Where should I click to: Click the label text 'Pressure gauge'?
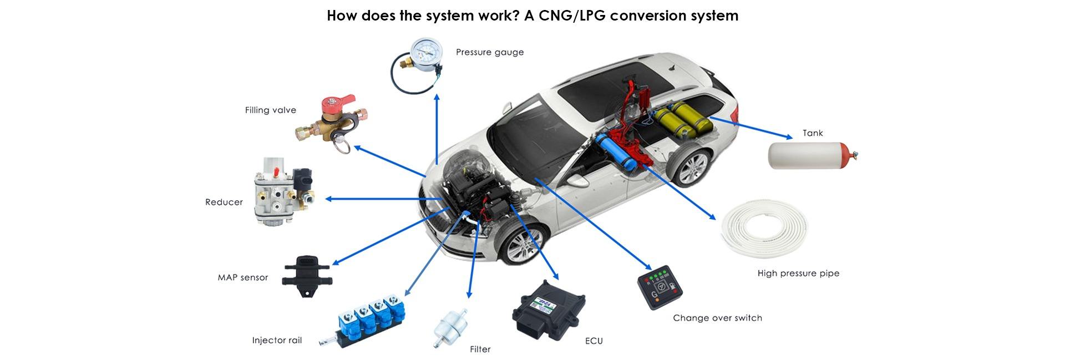490,52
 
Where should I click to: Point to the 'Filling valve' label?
271,110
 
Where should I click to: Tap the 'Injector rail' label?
277,340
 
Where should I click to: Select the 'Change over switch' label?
717,318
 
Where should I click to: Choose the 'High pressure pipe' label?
798,273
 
